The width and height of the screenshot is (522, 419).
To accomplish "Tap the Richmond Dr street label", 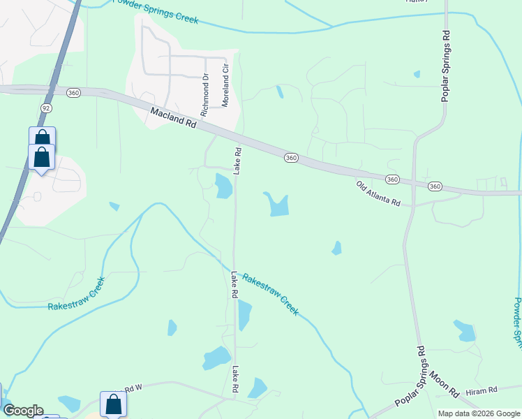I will [x=205, y=95].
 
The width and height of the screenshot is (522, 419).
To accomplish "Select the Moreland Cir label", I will [x=225, y=87].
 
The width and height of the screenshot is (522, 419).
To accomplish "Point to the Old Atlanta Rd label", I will [x=378, y=193].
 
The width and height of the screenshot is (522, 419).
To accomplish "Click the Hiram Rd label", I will [x=482, y=390].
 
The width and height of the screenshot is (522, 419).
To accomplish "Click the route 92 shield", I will [x=46, y=108].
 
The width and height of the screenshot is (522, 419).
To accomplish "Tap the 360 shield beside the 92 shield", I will [x=73, y=92].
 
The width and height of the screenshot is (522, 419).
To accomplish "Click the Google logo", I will [x=23, y=411].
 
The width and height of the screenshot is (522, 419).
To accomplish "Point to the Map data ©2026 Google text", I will [x=479, y=413].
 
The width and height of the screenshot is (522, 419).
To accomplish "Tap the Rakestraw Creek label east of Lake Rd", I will [x=271, y=293].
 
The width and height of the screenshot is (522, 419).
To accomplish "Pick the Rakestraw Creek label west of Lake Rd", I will [x=77, y=295].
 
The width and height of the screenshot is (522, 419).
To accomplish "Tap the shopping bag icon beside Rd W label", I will [x=113, y=404].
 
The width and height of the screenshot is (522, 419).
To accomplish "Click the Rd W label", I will [x=133, y=388].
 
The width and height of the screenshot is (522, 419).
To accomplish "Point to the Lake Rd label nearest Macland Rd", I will [x=238, y=161].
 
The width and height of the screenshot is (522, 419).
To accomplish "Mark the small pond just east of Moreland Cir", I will [x=280, y=91].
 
